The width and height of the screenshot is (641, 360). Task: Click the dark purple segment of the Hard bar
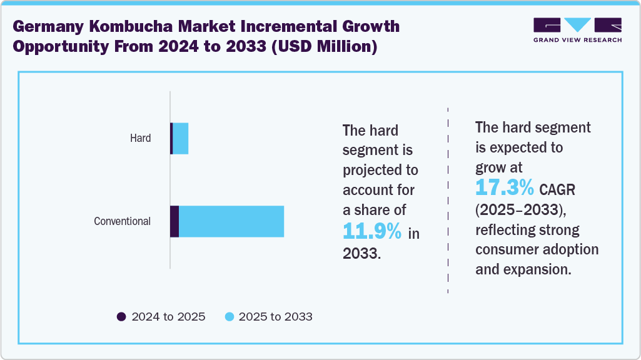pos(171,139)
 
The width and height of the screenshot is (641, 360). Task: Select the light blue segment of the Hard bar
pos(181,139)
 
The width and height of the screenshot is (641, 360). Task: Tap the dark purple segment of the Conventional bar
pos(174,221)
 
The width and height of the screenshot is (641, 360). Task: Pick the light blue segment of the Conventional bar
pos(231,221)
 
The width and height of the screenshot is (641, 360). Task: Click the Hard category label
pos(141,138)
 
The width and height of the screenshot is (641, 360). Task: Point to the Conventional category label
pos(123,221)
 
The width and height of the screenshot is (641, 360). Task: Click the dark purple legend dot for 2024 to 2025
pos(122,317)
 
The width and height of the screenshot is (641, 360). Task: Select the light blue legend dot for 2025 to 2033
pos(229,317)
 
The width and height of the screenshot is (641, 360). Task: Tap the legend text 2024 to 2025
pos(168,317)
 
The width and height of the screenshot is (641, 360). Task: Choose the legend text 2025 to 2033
pos(276,317)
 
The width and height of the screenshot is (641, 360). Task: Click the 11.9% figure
pos(373,232)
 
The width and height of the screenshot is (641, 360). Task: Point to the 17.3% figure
pos(505,187)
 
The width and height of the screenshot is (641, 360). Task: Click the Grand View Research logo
pos(577,29)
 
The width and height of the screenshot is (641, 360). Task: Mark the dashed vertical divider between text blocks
pos(448,200)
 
